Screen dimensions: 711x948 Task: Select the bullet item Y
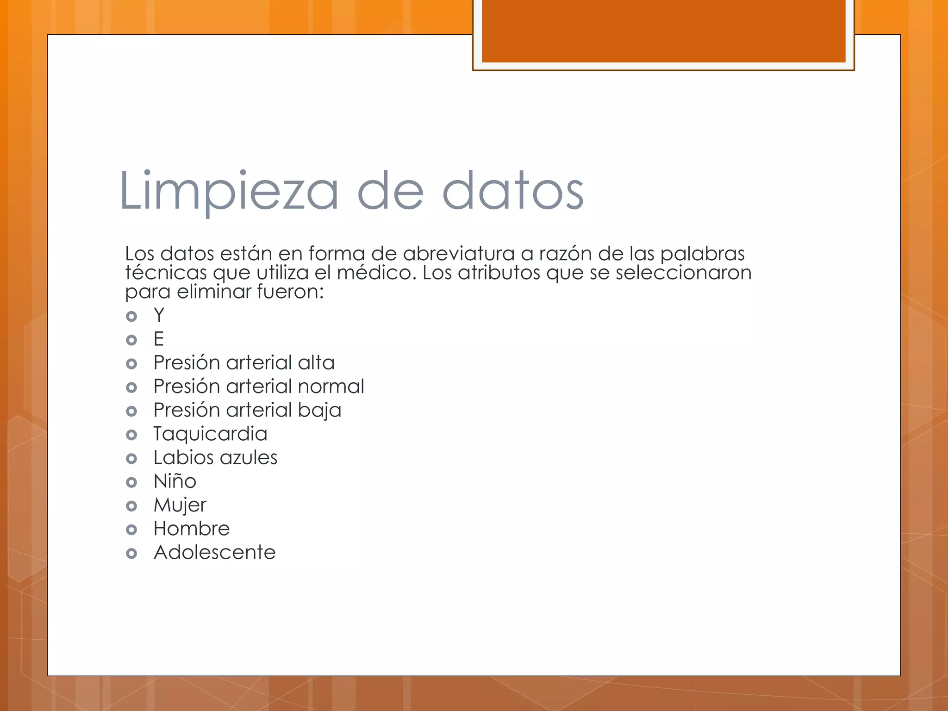click(x=159, y=316)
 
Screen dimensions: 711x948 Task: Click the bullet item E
click(x=159, y=339)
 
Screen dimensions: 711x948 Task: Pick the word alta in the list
click(x=316, y=363)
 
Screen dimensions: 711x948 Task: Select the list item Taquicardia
click(x=210, y=434)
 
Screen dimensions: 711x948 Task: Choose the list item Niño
click(x=175, y=481)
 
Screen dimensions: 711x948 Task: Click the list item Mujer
click(x=180, y=505)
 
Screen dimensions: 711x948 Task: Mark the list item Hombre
click(x=192, y=529)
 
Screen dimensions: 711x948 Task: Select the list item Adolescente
click(x=215, y=553)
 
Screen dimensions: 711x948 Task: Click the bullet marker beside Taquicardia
click(x=131, y=435)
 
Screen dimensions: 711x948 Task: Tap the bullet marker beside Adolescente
click(x=131, y=554)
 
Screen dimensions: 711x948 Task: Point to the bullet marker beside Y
click(x=131, y=317)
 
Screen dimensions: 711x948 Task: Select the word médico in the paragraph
click(x=374, y=273)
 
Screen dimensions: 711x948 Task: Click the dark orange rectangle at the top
click(x=663, y=31)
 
